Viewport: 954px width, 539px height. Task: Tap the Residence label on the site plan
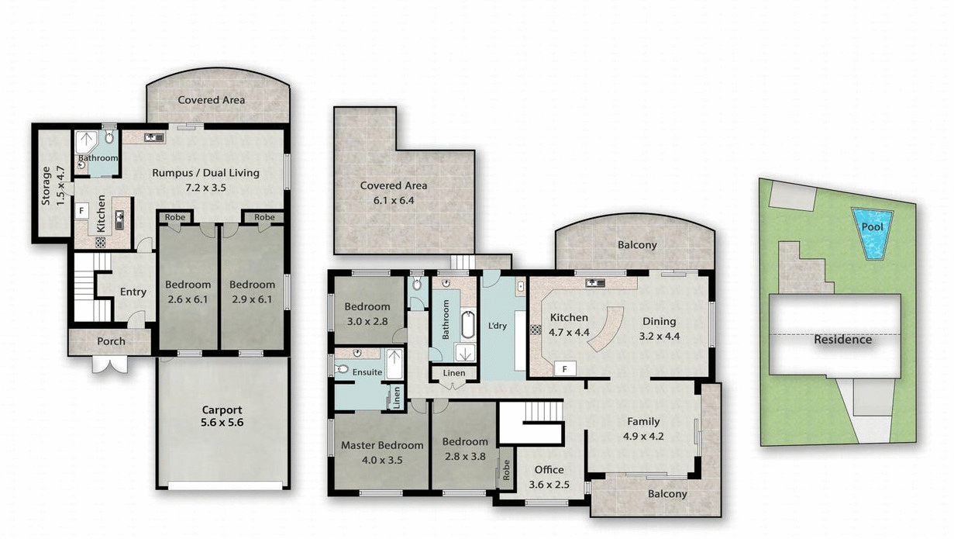(842, 340)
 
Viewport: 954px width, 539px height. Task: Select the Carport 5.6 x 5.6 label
(222, 416)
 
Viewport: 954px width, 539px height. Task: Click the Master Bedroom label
(382, 452)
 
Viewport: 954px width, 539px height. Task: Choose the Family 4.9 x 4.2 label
(643, 428)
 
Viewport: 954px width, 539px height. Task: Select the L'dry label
(497, 326)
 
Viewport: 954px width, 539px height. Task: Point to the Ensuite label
(367, 372)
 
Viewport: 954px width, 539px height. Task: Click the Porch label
(111, 341)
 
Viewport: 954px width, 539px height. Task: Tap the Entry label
(133, 292)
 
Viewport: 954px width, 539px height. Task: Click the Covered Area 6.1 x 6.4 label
(393, 192)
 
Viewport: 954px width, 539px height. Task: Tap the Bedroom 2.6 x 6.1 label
(188, 292)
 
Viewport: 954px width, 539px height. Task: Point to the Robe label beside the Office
(507, 470)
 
